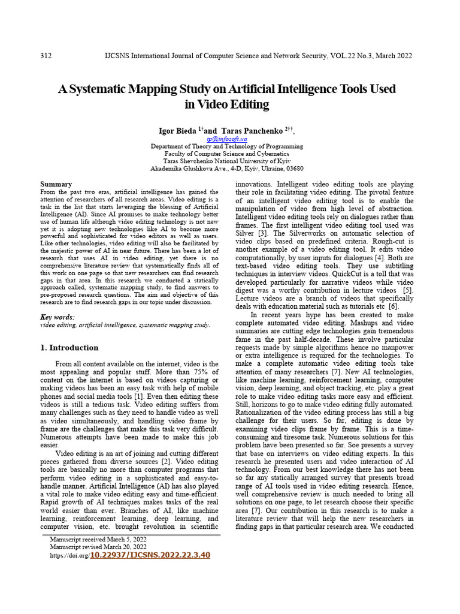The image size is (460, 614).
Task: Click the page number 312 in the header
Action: click(46, 56)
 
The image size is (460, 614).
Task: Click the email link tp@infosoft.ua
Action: click(226, 138)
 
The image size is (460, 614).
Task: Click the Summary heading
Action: click(56, 184)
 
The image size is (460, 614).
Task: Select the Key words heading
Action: click(57, 317)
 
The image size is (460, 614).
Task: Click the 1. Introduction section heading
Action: click(69, 348)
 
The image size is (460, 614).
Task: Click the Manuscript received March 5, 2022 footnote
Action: click(97, 539)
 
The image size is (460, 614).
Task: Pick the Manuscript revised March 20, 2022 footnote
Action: click(98, 547)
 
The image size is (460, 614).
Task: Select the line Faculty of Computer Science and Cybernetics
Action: click(226, 153)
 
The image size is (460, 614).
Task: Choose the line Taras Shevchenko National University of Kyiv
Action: click(226, 161)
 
